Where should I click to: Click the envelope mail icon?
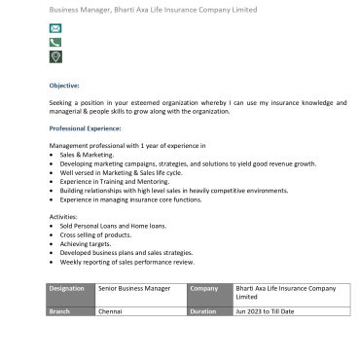(x=54, y=29)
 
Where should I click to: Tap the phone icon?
(x=54, y=43)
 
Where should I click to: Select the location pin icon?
(x=54, y=57)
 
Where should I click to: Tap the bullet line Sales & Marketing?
(x=87, y=155)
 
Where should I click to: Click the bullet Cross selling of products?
(x=95, y=234)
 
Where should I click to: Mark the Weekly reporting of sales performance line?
(x=126, y=262)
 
